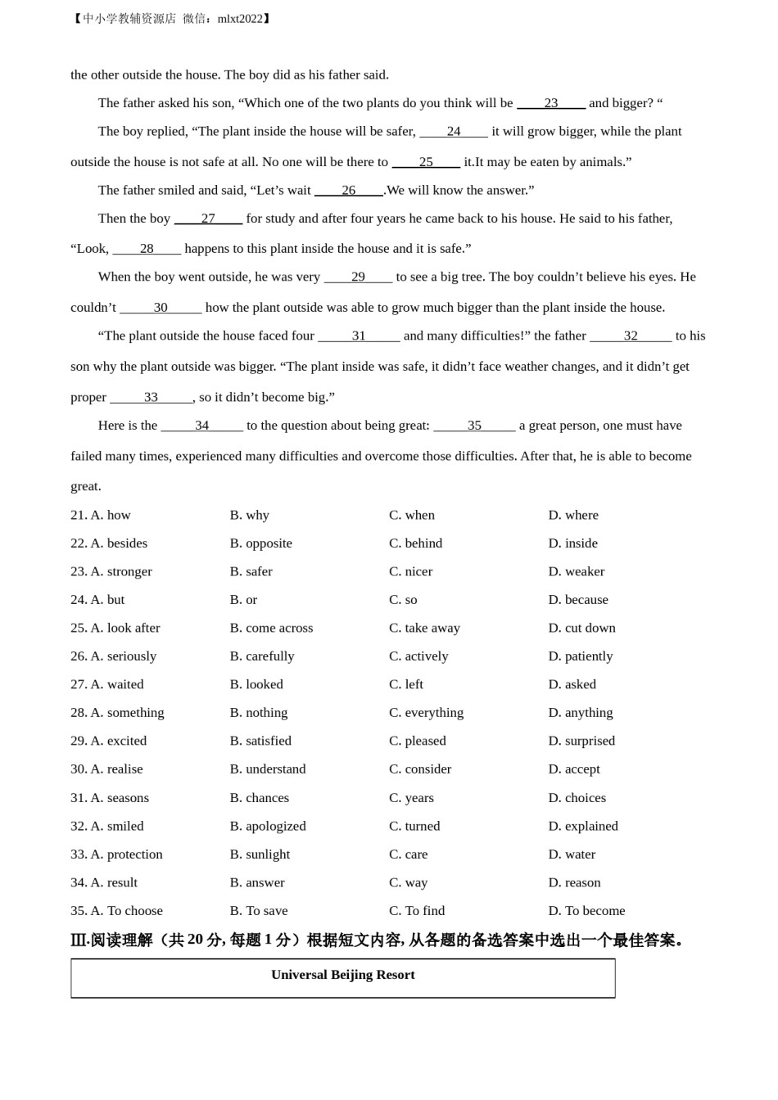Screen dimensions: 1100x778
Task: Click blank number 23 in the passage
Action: tap(551, 103)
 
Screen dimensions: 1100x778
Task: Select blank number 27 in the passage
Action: tap(208, 219)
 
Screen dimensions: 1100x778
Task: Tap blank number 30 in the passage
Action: tap(161, 308)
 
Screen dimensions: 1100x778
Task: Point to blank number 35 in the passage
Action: tap(474, 426)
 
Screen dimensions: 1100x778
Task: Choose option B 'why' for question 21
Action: tap(250, 515)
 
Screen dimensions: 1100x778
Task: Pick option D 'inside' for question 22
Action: tap(573, 543)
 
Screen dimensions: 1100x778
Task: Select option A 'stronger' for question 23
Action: tap(121, 571)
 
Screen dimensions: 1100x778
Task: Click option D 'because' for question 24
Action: tap(578, 600)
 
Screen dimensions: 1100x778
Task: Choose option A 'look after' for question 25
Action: tap(125, 628)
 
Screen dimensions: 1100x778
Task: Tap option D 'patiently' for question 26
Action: tap(581, 656)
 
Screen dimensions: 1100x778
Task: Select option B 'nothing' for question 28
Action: tap(259, 713)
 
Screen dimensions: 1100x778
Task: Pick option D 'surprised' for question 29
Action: tap(581, 741)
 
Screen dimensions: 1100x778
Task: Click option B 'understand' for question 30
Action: tap(268, 769)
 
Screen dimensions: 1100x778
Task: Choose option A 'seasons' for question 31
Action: tap(120, 798)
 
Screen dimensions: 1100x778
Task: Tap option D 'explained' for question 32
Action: tap(583, 826)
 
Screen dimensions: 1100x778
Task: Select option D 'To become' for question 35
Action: tap(586, 911)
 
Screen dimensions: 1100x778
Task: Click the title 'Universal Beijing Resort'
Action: tap(343, 975)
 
